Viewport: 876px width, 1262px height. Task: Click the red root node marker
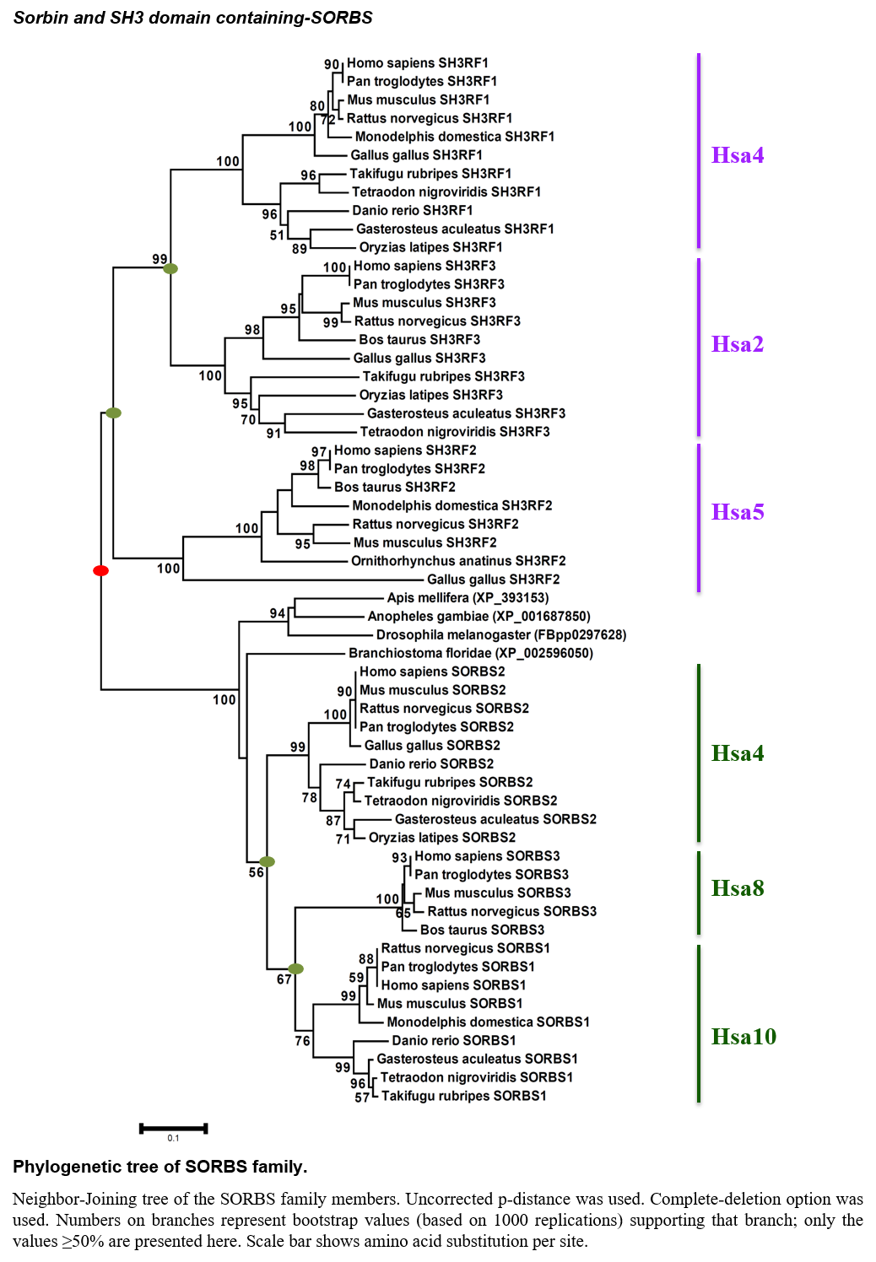pos(101,571)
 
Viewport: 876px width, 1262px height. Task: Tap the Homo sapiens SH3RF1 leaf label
pos(417,62)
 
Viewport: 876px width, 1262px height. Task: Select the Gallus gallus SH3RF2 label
pos(493,580)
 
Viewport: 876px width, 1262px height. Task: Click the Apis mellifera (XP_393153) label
pos(468,598)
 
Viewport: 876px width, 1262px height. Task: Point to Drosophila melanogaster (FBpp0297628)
pos(501,635)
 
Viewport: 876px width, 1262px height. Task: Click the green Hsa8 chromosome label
pos(738,888)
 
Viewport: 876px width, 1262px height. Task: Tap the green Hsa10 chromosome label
pos(744,1037)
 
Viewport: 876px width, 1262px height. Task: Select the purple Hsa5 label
pos(738,511)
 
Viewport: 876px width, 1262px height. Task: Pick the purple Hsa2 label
pos(738,343)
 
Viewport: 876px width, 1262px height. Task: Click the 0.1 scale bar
pos(174,1129)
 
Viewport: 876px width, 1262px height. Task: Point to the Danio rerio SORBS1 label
pos(454,1040)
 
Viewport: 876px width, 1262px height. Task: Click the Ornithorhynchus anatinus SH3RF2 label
pos(458,561)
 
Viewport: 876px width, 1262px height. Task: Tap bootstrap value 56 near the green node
pos(256,873)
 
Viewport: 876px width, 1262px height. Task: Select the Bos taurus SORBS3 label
pos(483,930)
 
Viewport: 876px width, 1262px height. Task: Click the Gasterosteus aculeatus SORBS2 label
pos(495,819)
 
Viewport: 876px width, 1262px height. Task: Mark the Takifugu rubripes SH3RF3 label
pos(444,376)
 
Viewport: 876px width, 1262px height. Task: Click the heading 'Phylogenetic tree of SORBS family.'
pos(160,1167)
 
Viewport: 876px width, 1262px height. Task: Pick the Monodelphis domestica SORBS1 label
pos(488,1022)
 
